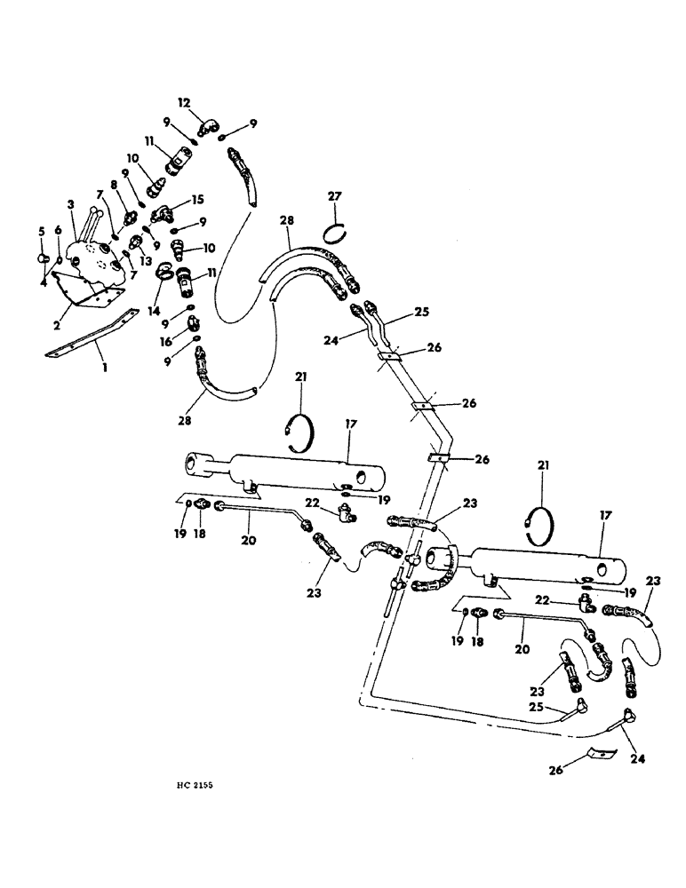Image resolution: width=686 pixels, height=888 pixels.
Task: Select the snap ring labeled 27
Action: [x=334, y=233]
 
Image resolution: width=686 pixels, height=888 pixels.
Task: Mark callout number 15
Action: [x=196, y=202]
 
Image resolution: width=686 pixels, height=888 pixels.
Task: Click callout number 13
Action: [x=145, y=261]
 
